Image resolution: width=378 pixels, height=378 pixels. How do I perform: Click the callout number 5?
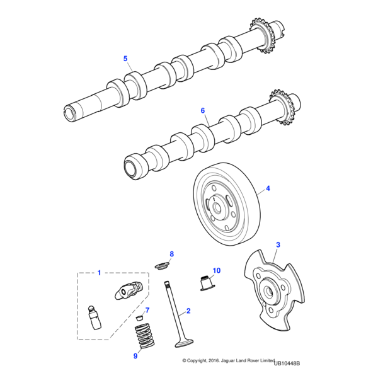coord(125,59)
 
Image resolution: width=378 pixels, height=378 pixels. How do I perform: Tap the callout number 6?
coord(203,110)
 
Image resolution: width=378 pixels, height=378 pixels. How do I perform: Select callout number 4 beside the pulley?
coord(267,188)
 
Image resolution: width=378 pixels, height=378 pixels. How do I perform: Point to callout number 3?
coord(278,244)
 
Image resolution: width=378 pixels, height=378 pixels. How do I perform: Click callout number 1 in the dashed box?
coord(98,273)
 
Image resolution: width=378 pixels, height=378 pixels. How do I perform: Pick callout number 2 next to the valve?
coord(188,311)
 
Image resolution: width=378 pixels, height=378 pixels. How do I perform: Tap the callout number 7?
coord(147,311)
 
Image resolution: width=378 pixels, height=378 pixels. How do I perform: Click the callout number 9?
coord(135,356)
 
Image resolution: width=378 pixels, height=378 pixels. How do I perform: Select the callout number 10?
coord(216,271)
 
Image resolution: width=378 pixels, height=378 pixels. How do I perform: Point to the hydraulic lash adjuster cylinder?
coord(94,318)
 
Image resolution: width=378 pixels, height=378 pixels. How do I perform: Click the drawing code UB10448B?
coord(287,363)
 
